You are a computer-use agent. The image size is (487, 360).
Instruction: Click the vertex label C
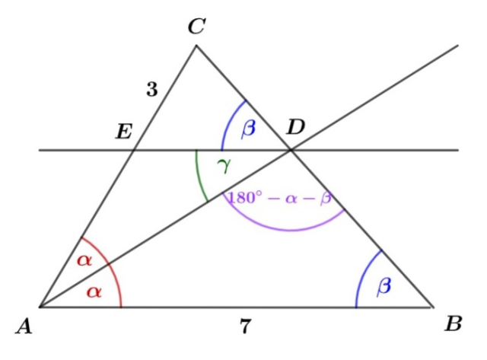click(196, 27)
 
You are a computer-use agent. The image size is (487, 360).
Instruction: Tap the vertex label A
click(24, 327)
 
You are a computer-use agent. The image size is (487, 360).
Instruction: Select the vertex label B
click(454, 324)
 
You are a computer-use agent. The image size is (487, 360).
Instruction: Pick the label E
click(123, 132)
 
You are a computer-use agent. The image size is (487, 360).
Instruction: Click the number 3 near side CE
click(152, 90)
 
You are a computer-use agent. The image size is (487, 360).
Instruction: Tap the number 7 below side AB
click(245, 328)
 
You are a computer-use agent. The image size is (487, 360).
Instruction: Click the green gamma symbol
click(224, 165)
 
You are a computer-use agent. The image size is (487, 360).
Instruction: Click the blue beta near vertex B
click(384, 285)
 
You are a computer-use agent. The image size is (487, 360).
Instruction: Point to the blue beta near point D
click(248, 129)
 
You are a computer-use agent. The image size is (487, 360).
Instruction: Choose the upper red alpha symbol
click(84, 260)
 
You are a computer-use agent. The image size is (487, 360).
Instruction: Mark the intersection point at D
click(291, 150)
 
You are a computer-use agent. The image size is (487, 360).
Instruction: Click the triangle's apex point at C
click(196, 46)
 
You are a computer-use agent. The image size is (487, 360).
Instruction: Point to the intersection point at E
click(134, 150)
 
